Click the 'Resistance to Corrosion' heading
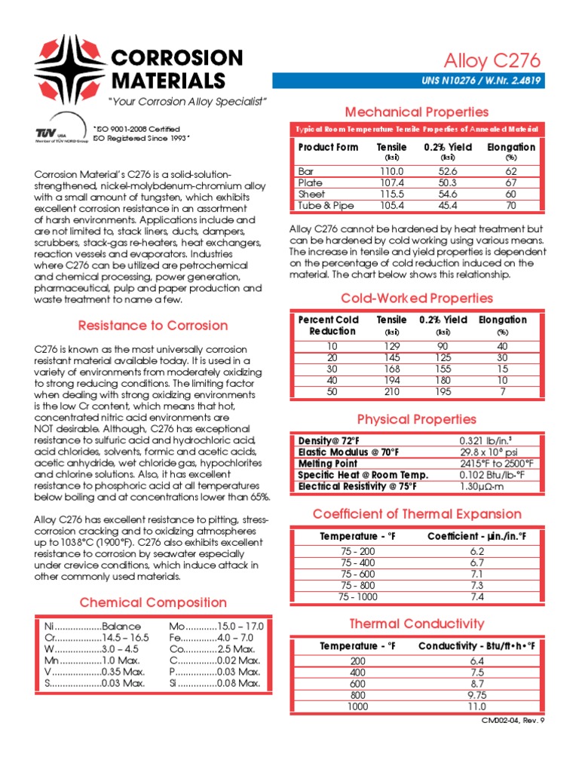pos(153,326)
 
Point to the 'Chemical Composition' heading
pos(153,602)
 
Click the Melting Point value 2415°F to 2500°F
pos(496,463)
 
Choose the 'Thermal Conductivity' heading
pos(416,623)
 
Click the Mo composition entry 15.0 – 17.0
pos(216,626)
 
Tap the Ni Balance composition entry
pos(88,626)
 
